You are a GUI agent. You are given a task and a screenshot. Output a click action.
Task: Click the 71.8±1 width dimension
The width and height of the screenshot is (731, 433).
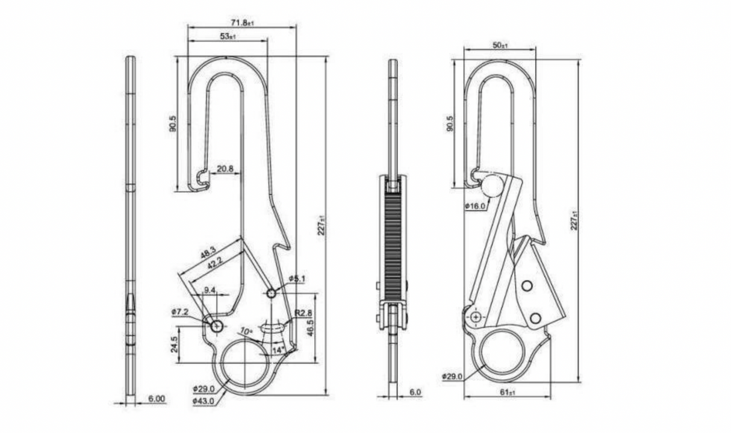(x=242, y=22)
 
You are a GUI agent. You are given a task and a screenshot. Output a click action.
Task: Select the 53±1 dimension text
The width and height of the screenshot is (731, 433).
(x=228, y=37)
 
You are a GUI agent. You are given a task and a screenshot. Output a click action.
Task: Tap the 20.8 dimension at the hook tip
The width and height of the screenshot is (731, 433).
(x=225, y=169)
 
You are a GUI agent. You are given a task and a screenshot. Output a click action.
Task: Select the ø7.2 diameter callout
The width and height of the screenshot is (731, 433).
(x=181, y=312)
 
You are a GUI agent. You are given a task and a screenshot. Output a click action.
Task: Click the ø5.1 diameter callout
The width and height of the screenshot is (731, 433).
(x=297, y=278)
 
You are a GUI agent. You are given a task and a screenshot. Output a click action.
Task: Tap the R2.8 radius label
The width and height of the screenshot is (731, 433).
(x=302, y=314)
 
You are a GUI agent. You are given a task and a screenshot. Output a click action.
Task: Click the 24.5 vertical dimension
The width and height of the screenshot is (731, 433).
(x=174, y=344)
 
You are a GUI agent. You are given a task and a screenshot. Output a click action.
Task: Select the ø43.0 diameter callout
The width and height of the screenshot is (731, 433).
(x=204, y=400)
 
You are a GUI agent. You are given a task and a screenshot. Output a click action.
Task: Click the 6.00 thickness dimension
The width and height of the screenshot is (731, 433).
(x=157, y=399)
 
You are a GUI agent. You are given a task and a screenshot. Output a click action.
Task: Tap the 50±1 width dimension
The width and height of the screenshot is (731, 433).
(x=500, y=45)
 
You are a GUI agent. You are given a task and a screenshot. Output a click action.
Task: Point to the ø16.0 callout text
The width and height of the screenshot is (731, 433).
(x=475, y=206)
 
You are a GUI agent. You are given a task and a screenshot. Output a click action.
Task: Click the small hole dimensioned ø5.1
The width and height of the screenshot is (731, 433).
(x=271, y=293)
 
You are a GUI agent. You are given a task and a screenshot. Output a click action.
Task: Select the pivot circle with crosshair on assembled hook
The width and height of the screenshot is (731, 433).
(x=476, y=317)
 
